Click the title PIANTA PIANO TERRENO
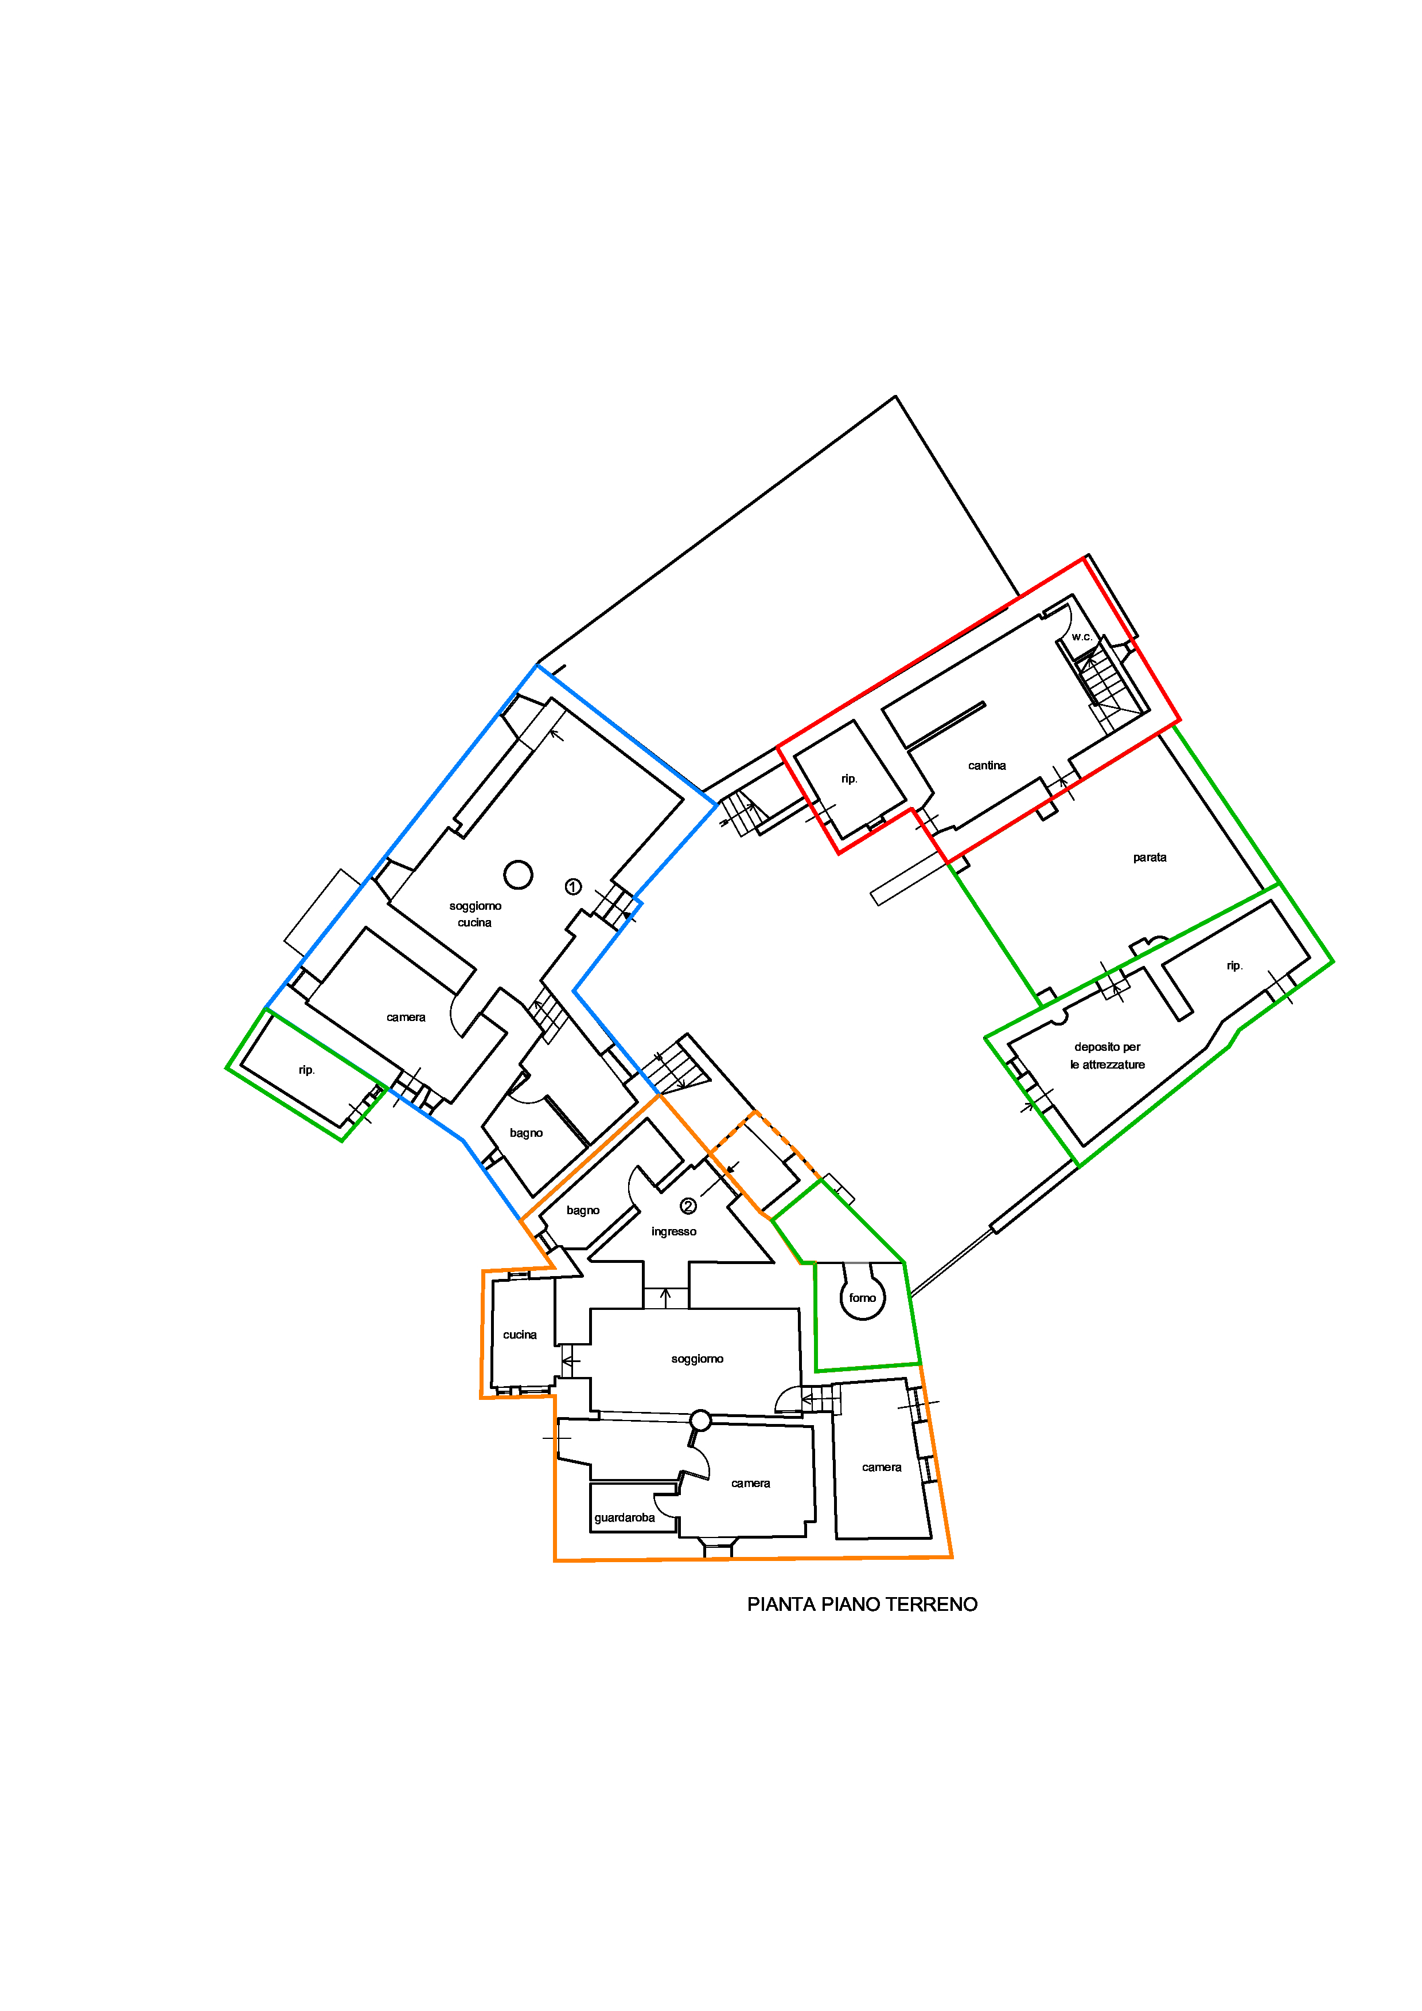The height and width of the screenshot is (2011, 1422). coord(862,1604)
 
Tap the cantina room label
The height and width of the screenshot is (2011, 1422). coord(987,765)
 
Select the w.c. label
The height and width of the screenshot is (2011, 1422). coord(1082,637)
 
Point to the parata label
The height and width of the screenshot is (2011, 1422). coord(1150,858)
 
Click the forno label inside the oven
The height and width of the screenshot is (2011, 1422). coord(862,1298)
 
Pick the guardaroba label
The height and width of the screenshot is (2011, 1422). coord(625,1518)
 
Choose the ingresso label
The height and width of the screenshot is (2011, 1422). coord(674,1231)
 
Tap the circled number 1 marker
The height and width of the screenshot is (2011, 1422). coord(573,886)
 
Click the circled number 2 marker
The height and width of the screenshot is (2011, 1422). coord(689,1206)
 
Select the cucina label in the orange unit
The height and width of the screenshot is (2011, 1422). coord(520,1335)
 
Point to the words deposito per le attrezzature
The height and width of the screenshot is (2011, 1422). coord(1108,1055)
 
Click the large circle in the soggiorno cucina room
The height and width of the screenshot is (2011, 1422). coord(519,874)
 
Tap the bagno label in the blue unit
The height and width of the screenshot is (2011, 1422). coord(527,1133)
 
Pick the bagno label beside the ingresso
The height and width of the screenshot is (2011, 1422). coord(583,1211)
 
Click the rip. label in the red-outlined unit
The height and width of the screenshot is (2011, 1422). coord(849,778)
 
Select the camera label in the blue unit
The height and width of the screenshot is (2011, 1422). coord(406,1017)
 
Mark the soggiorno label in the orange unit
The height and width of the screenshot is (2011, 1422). coord(698,1359)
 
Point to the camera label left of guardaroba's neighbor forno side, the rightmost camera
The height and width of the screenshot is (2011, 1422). coord(882,1467)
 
